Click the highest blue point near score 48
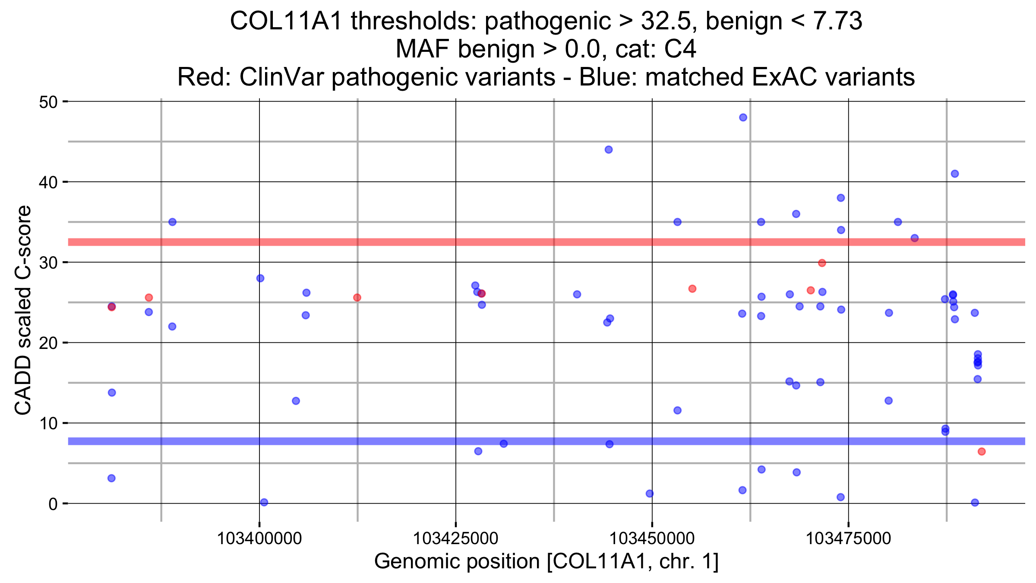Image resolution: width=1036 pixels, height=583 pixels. click(x=743, y=117)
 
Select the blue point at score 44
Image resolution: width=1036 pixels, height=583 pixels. click(x=609, y=150)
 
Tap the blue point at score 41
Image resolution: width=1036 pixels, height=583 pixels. click(x=955, y=174)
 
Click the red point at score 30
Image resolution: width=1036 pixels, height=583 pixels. click(x=822, y=263)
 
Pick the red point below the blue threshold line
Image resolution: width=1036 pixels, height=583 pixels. click(x=982, y=452)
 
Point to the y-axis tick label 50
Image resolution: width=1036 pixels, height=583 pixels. click(x=48, y=102)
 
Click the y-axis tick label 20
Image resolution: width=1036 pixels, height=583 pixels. click(x=48, y=343)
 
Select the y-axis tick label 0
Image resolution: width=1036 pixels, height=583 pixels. click(x=53, y=504)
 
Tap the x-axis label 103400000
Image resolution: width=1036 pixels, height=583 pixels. click(x=259, y=539)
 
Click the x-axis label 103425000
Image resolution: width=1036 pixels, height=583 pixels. click(x=456, y=539)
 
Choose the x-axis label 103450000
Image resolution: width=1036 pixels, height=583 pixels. click(x=652, y=539)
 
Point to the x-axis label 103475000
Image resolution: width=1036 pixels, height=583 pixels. click(x=848, y=539)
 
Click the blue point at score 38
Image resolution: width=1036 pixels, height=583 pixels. click(x=841, y=198)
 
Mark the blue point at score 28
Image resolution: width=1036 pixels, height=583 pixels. click(x=260, y=278)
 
